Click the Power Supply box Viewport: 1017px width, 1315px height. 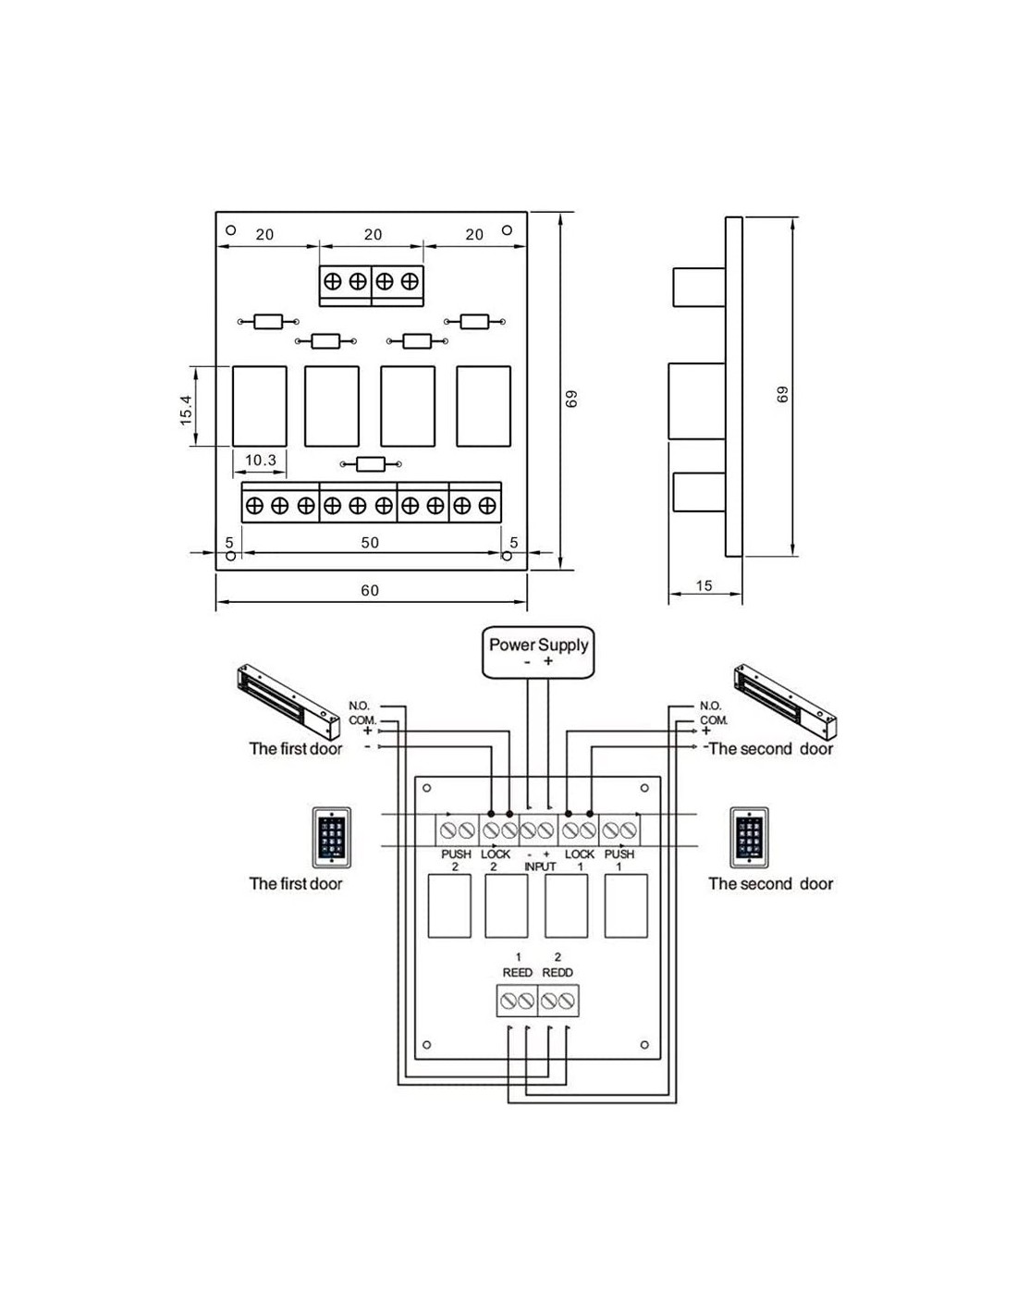coord(538,652)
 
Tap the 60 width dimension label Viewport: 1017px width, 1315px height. coord(370,591)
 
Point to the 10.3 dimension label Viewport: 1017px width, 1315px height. coord(261,460)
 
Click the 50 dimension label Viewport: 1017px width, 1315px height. coord(370,543)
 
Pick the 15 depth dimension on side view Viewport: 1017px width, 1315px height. coord(704,585)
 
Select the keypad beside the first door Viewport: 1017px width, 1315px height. coord(330,838)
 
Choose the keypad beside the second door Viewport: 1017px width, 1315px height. coord(749,838)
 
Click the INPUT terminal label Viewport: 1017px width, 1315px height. coord(540,866)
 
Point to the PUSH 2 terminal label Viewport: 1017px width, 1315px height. coord(456,860)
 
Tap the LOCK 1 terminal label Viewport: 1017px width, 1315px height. coord(580,860)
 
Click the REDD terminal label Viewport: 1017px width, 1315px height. coord(558,972)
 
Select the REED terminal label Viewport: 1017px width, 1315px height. coord(518,972)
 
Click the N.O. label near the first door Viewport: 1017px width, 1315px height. coord(359,706)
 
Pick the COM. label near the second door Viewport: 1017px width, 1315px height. coord(714,719)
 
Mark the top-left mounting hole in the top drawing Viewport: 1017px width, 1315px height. coord(231,230)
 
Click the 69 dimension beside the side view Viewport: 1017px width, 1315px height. coord(782,394)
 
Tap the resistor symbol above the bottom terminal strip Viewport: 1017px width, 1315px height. coord(371,464)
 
